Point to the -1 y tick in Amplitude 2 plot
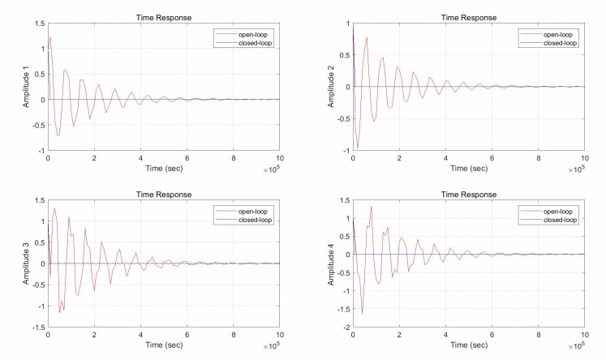pyautogui.click(x=345, y=151)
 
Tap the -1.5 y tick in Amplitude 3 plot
pyautogui.click(x=37, y=328)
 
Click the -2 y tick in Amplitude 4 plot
pyautogui.click(x=345, y=328)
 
